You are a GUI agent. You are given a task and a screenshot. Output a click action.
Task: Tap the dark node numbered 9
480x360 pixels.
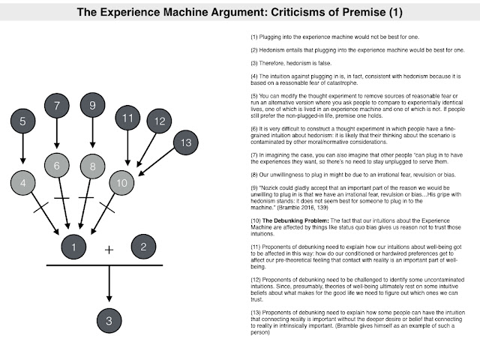pos(92,106)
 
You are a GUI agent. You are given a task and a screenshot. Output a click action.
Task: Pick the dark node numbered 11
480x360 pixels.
pos(127,118)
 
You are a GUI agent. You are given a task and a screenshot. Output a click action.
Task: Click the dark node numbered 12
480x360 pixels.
pos(159,120)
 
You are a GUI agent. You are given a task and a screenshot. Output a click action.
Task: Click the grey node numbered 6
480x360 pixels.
pos(57,164)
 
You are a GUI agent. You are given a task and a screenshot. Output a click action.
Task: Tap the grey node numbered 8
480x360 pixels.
pos(92,165)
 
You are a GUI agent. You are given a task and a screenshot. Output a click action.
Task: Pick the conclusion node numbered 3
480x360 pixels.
pos(109,321)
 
